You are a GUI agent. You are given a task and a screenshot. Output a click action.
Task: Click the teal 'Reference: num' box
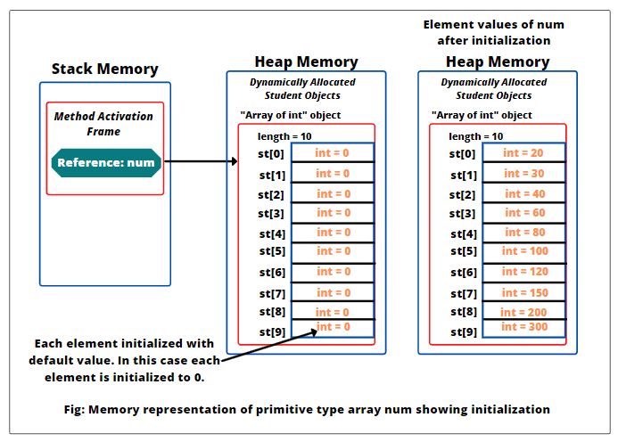[106, 162]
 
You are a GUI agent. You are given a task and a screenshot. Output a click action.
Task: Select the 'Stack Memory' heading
[104, 69]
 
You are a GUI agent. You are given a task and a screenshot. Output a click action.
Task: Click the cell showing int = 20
[523, 153]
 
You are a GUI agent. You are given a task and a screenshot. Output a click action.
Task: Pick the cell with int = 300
[523, 327]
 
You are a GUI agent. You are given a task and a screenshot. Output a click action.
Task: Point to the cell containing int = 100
[523, 251]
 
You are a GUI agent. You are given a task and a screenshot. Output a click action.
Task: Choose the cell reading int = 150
[523, 292]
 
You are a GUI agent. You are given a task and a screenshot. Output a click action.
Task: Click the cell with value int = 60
[523, 213]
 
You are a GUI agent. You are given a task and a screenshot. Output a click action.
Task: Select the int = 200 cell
[523, 313]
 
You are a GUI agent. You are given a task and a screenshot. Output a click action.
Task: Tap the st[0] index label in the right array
[463, 154]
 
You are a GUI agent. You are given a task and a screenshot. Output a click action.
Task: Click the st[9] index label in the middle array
[272, 331]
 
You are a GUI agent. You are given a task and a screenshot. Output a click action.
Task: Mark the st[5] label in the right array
[463, 251]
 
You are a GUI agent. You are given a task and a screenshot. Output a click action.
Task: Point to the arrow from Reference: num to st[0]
[201, 162]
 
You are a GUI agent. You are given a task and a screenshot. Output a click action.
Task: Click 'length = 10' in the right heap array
[475, 136]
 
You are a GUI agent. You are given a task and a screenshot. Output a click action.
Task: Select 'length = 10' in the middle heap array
[285, 135]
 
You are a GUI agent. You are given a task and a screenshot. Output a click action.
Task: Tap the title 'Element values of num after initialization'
[493, 32]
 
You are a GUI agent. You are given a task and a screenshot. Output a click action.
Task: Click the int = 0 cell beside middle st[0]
[334, 153]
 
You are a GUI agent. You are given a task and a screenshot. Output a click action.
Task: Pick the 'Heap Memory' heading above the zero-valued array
[306, 61]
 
